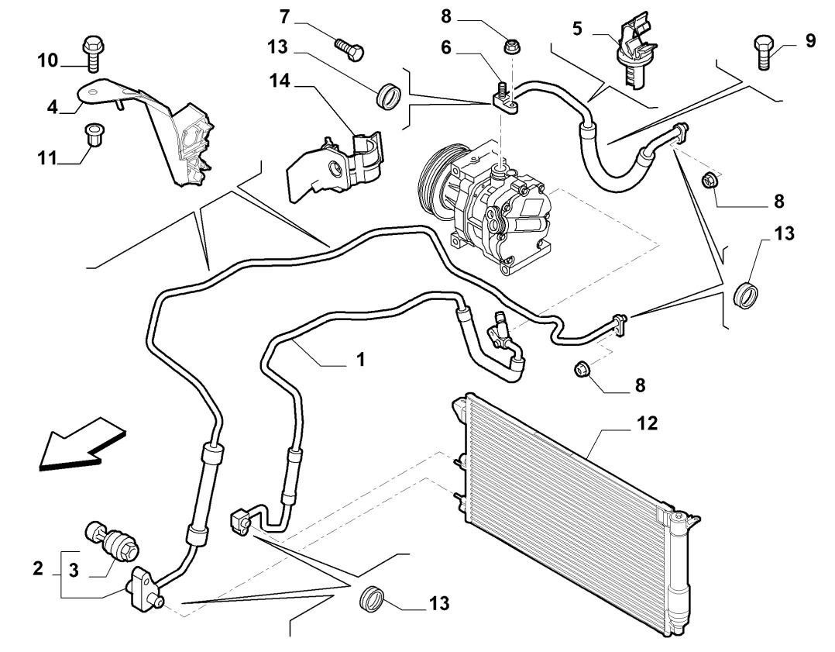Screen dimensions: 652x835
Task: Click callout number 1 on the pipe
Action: (360, 360)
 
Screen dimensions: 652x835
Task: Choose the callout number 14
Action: (280, 81)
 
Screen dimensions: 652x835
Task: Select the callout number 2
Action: (38, 569)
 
